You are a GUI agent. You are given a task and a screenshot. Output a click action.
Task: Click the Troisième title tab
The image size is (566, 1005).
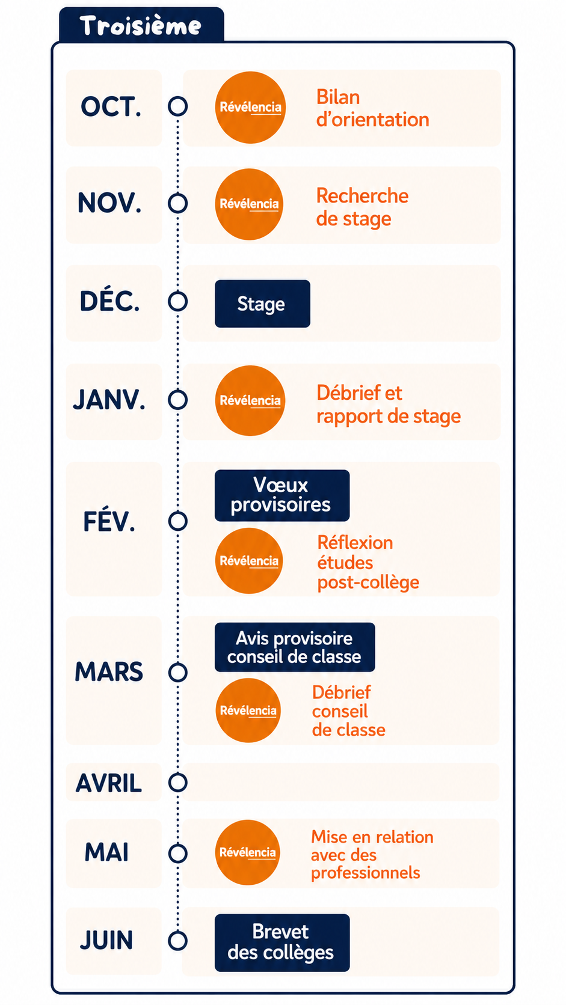point(141,25)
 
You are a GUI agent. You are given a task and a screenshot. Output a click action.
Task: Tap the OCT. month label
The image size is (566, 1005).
point(111,107)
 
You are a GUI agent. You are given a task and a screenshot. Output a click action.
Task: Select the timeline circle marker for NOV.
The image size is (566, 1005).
point(178,203)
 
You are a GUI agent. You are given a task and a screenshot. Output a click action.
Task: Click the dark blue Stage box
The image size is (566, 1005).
point(263,304)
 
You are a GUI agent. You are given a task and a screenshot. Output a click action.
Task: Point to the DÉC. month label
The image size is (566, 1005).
point(110,301)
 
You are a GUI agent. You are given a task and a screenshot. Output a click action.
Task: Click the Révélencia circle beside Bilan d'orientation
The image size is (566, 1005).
point(250,107)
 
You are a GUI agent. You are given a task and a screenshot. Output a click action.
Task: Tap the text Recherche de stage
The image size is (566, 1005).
point(362,207)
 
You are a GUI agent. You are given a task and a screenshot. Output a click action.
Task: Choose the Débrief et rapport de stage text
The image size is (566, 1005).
point(389,405)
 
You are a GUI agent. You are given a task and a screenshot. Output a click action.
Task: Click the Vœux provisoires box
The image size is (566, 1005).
point(282,495)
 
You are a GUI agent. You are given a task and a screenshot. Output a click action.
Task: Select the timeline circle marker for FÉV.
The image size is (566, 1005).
point(178,521)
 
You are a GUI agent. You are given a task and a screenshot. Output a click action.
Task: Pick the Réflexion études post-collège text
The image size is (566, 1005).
point(368,563)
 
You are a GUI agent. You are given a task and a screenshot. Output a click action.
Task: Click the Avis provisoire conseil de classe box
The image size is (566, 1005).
point(295,647)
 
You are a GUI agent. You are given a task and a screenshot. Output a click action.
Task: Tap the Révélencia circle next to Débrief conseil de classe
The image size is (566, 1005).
point(248,710)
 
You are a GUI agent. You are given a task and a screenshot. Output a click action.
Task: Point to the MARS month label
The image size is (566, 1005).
point(109,671)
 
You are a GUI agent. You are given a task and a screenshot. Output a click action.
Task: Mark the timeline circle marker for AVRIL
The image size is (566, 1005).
point(178,783)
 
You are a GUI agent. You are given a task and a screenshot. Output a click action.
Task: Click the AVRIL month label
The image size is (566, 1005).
point(109,783)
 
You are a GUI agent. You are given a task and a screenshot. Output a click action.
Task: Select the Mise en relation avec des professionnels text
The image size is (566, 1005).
point(372,855)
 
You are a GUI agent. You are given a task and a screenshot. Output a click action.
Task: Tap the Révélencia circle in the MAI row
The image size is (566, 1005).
point(248,852)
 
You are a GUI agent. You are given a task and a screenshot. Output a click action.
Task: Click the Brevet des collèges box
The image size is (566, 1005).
point(282,942)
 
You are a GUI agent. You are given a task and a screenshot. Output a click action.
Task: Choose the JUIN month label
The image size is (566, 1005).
point(106,940)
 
